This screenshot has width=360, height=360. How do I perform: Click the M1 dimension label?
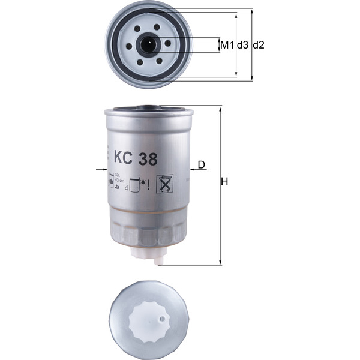pos(226,45)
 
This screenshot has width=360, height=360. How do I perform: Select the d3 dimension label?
pos(242,45)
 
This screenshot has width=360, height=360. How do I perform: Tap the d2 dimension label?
pos(259,45)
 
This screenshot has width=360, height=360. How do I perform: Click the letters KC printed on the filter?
pos(124,159)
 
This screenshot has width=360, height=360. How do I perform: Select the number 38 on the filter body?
pos(148,159)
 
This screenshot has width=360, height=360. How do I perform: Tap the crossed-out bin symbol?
pos(164,184)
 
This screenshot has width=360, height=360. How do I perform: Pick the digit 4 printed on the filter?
pos(127,188)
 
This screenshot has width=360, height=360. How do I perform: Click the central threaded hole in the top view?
pos(148,44)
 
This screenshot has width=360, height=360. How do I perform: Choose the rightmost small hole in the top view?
pos(166,44)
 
